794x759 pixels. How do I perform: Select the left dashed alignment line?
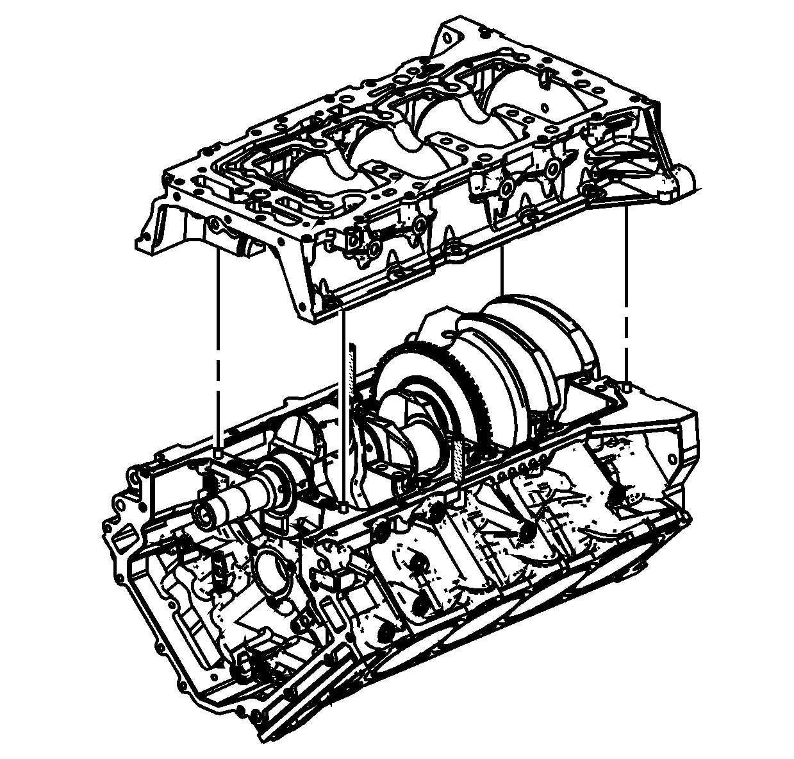pyautogui.click(x=219, y=346)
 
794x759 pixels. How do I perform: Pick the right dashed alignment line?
pyautogui.click(x=625, y=289)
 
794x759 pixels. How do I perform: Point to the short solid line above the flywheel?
pyautogui.click(x=502, y=269)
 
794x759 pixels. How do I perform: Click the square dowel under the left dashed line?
pyautogui.click(x=219, y=453)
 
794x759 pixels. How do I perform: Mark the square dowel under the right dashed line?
pyautogui.click(x=626, y=385)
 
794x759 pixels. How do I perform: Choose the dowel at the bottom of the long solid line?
pyautogui.click(x=345, y=507)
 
